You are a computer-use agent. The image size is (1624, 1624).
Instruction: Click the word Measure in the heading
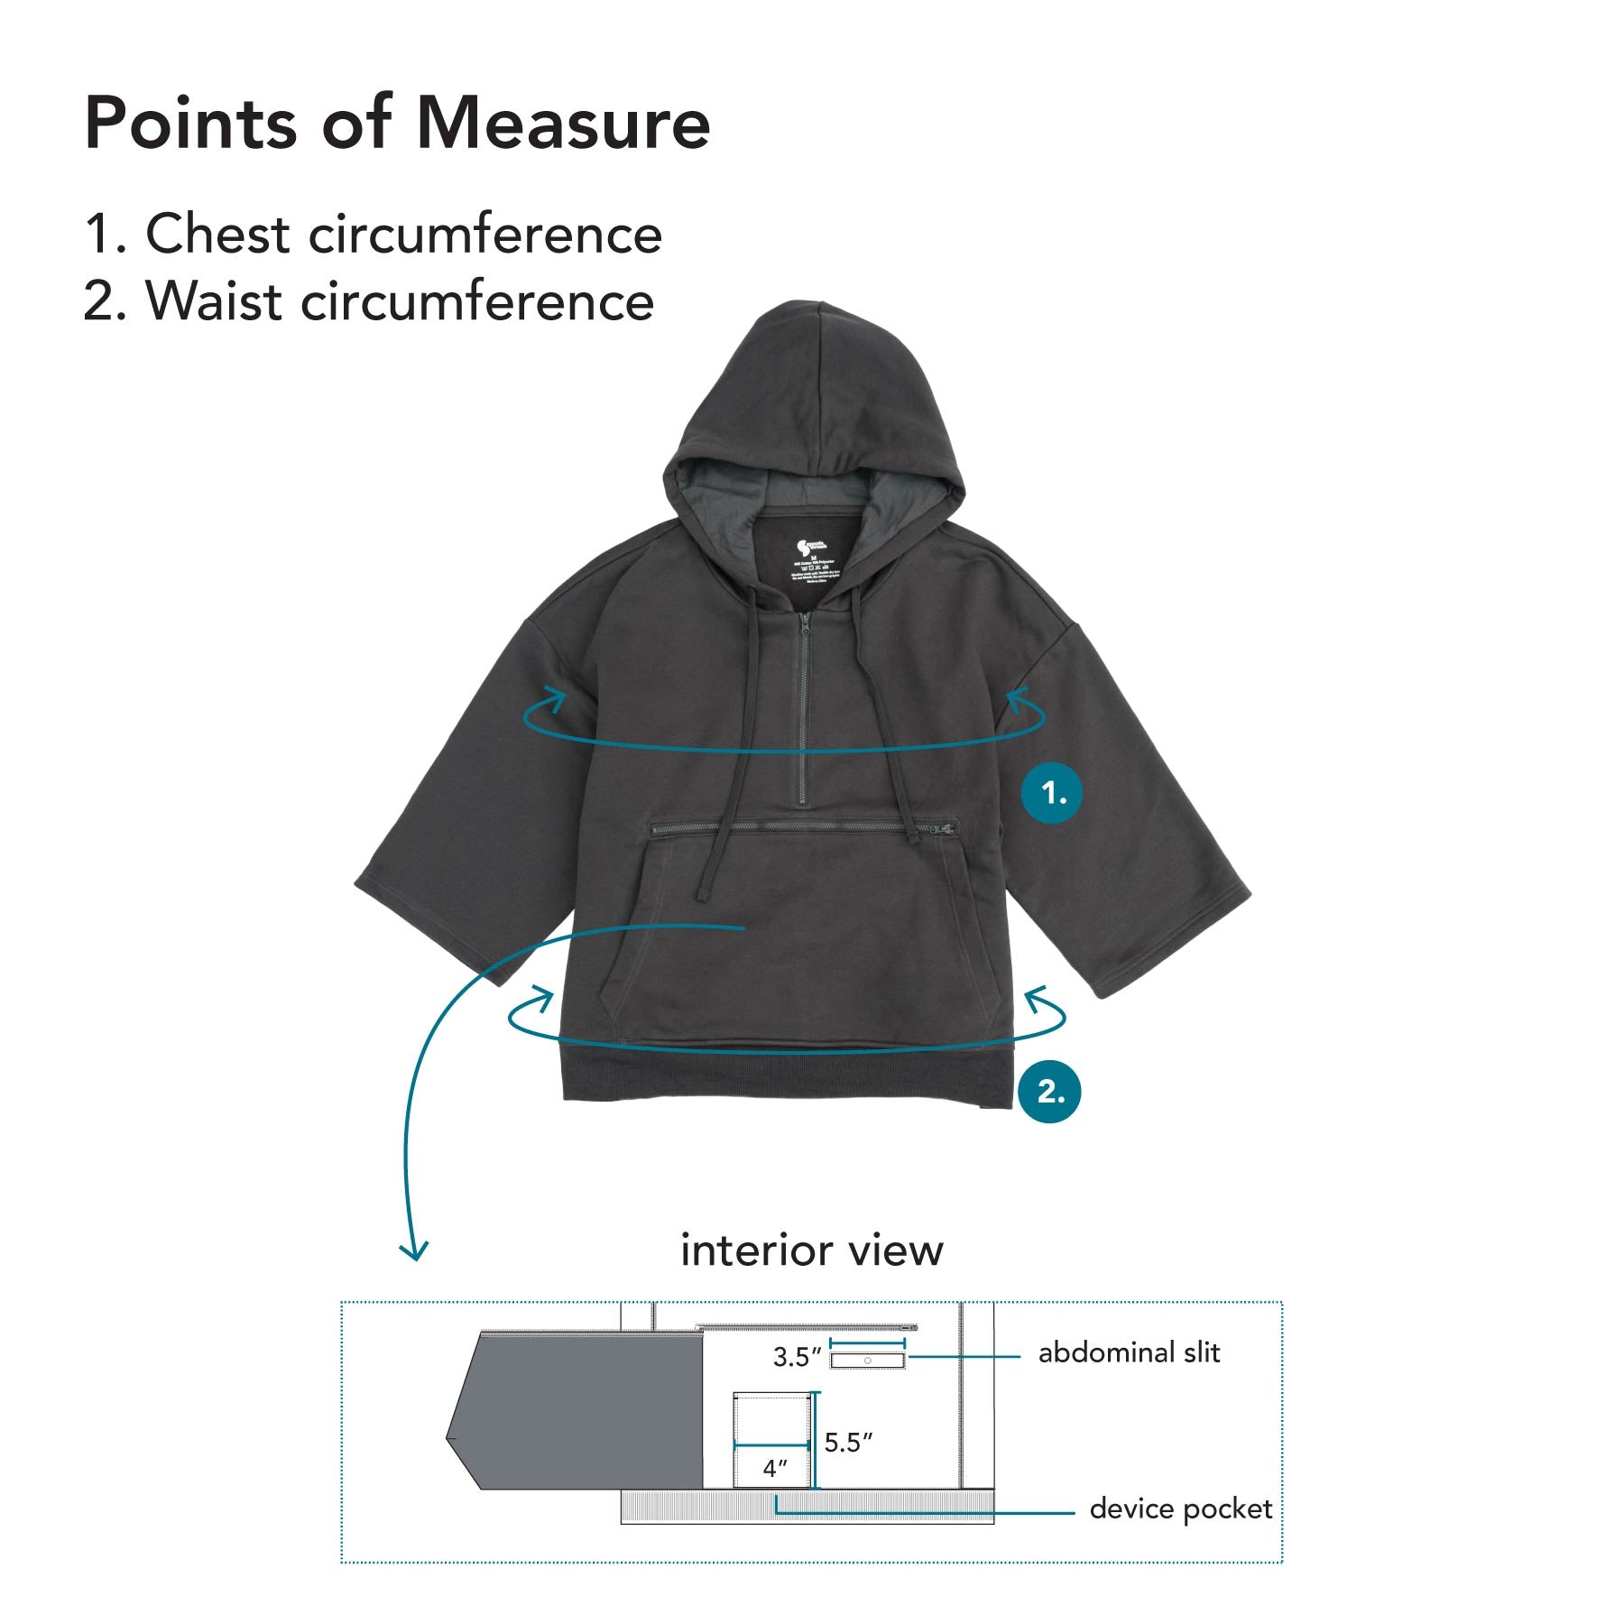click(563, 123)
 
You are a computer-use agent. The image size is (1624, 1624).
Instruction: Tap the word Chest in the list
click(217, 235)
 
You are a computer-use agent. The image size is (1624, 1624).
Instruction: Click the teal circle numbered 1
click(1051, 793)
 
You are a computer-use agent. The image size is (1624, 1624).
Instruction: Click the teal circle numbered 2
click(1048, 1092)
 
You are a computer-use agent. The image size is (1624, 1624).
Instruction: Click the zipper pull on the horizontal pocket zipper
click(945, 827)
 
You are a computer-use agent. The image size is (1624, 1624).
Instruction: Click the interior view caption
click(811, 1250)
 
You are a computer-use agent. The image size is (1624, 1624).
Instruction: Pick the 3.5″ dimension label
click(797, 1357)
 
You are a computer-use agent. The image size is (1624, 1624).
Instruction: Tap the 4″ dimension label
click(775, 1468)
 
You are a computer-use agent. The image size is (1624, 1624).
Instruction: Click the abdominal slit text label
click(1129, 1352)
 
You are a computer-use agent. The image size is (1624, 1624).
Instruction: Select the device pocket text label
click(1180, 1509)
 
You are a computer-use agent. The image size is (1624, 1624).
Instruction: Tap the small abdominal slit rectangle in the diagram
click(867, 1360)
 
